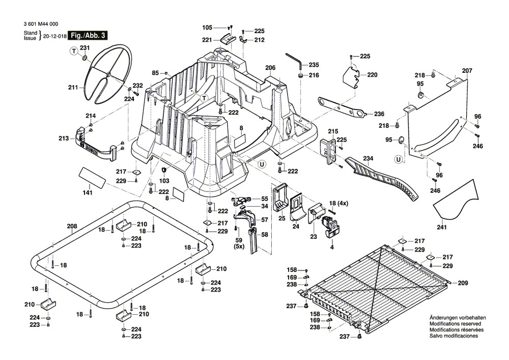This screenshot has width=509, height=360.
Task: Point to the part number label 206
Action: coord(270,68)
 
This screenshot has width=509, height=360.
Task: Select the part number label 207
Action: coord(467,70)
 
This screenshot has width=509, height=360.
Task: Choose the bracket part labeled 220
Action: coord(355,75)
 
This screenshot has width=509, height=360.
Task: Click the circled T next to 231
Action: coord(74,50)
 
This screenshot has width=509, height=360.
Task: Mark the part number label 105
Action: coord(207,27)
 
